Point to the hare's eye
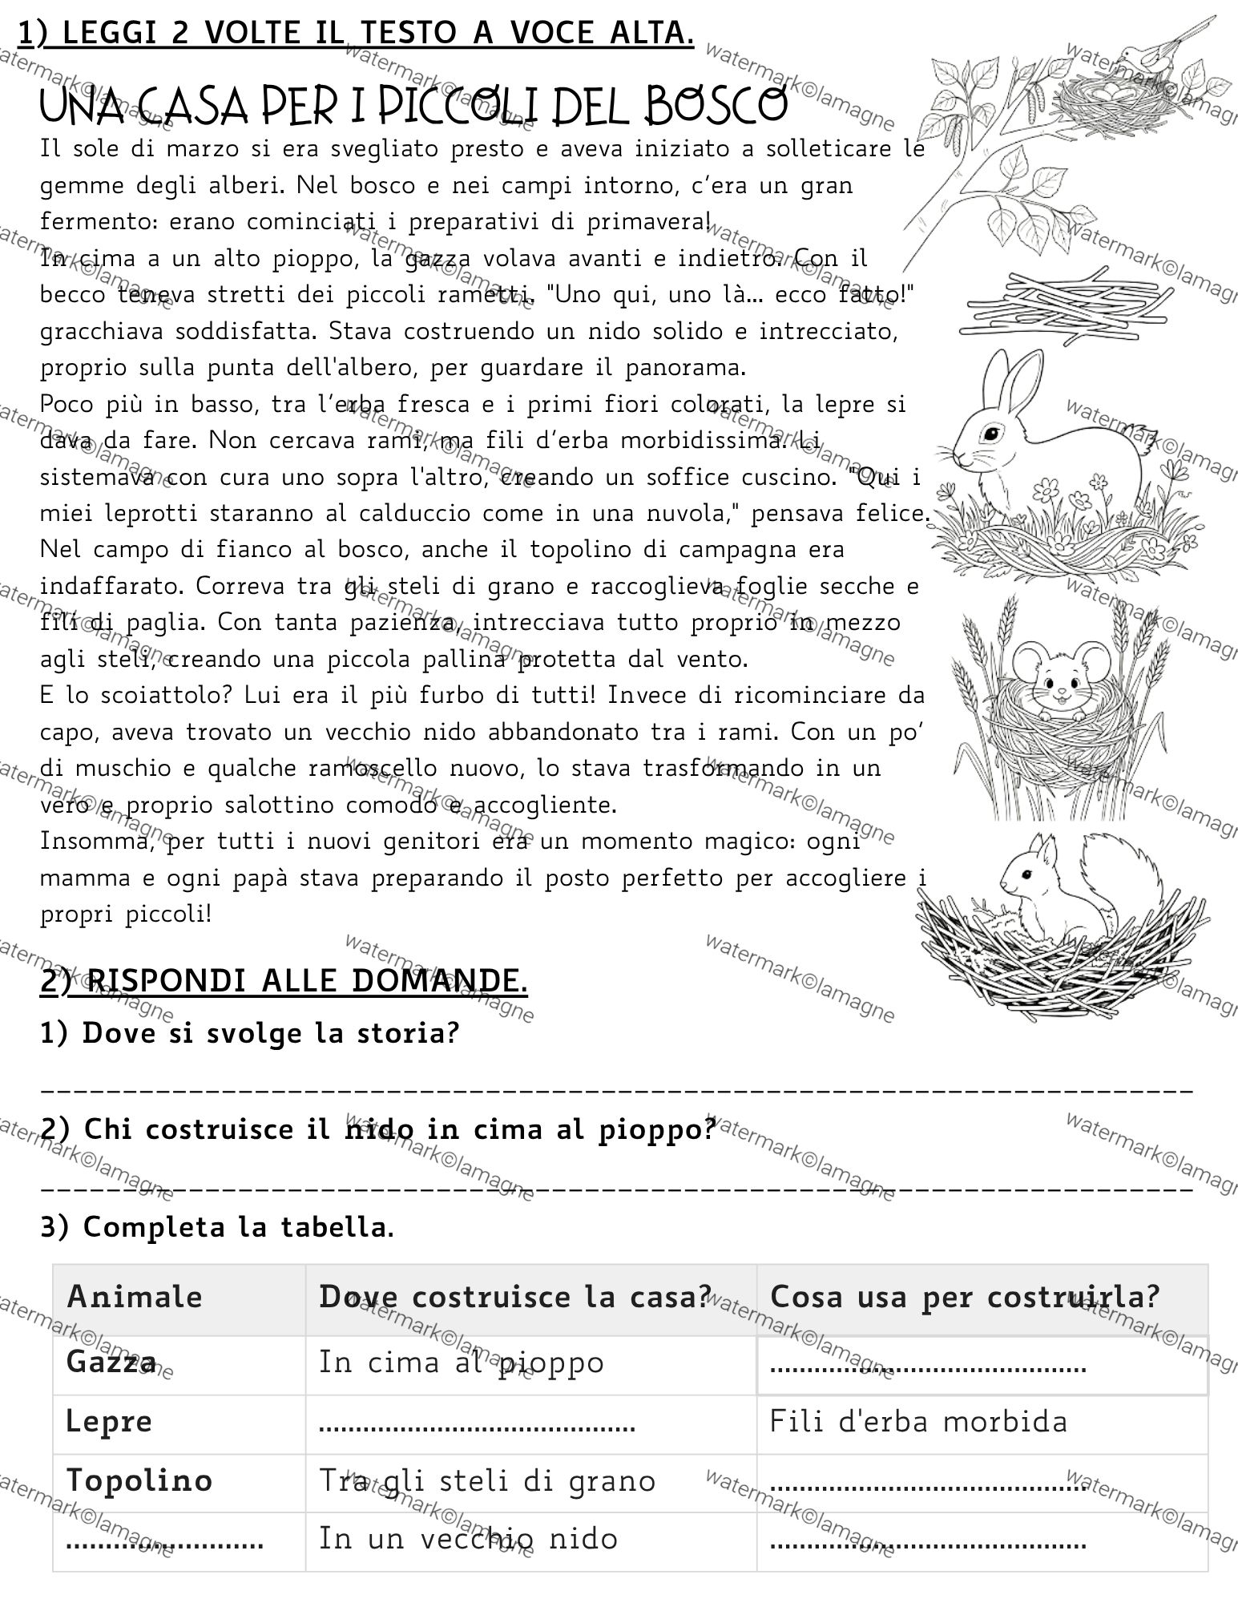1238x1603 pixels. coord(994,434)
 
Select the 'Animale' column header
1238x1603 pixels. coord(135,1296)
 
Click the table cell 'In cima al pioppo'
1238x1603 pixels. coord(461,1362)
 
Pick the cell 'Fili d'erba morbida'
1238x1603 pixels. coord(918,1422)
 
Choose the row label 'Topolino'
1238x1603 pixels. coord(139,1480)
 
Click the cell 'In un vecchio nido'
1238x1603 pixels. coord(469,1538)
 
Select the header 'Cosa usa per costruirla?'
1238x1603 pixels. coord(965,1296)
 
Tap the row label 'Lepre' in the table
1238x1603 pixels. coord(109,1422)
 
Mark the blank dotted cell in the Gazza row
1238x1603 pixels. coord(928,1363)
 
